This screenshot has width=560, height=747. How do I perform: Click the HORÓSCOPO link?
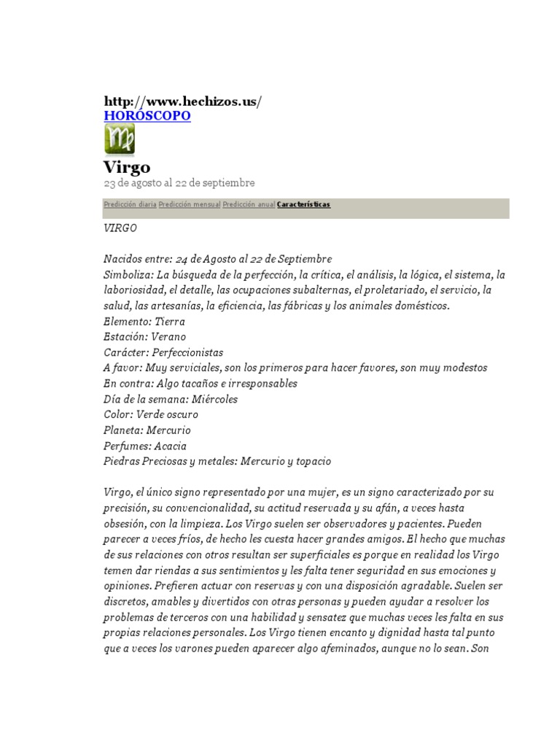pos(147,116)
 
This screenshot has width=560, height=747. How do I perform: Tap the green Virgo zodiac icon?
pos(120,139)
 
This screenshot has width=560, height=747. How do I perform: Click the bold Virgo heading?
pos(127,166)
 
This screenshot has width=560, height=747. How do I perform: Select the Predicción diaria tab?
pos(130,205)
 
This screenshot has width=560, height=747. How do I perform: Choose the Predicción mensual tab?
pos(189,205)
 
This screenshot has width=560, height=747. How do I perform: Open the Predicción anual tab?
pos(249,205)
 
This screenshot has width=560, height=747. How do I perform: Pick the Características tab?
pos(303,205)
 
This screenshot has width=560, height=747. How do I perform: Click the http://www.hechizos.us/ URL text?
pos(182,101)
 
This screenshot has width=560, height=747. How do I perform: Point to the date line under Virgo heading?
pos(179,182)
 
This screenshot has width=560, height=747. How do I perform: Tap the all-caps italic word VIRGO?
pos(120,228)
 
